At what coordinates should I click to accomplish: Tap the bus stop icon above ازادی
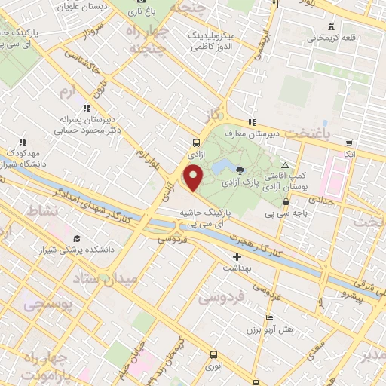coord(197,142)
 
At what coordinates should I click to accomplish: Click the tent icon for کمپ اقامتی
coord(284,166)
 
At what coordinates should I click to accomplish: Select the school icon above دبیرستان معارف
coord(252,123)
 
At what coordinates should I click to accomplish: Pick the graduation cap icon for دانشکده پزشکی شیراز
coord(76,237)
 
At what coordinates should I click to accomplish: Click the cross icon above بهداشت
coord(237,256)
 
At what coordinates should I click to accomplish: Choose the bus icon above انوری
coord(213,354)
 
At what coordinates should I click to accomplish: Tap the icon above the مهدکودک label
coord(23,141)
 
